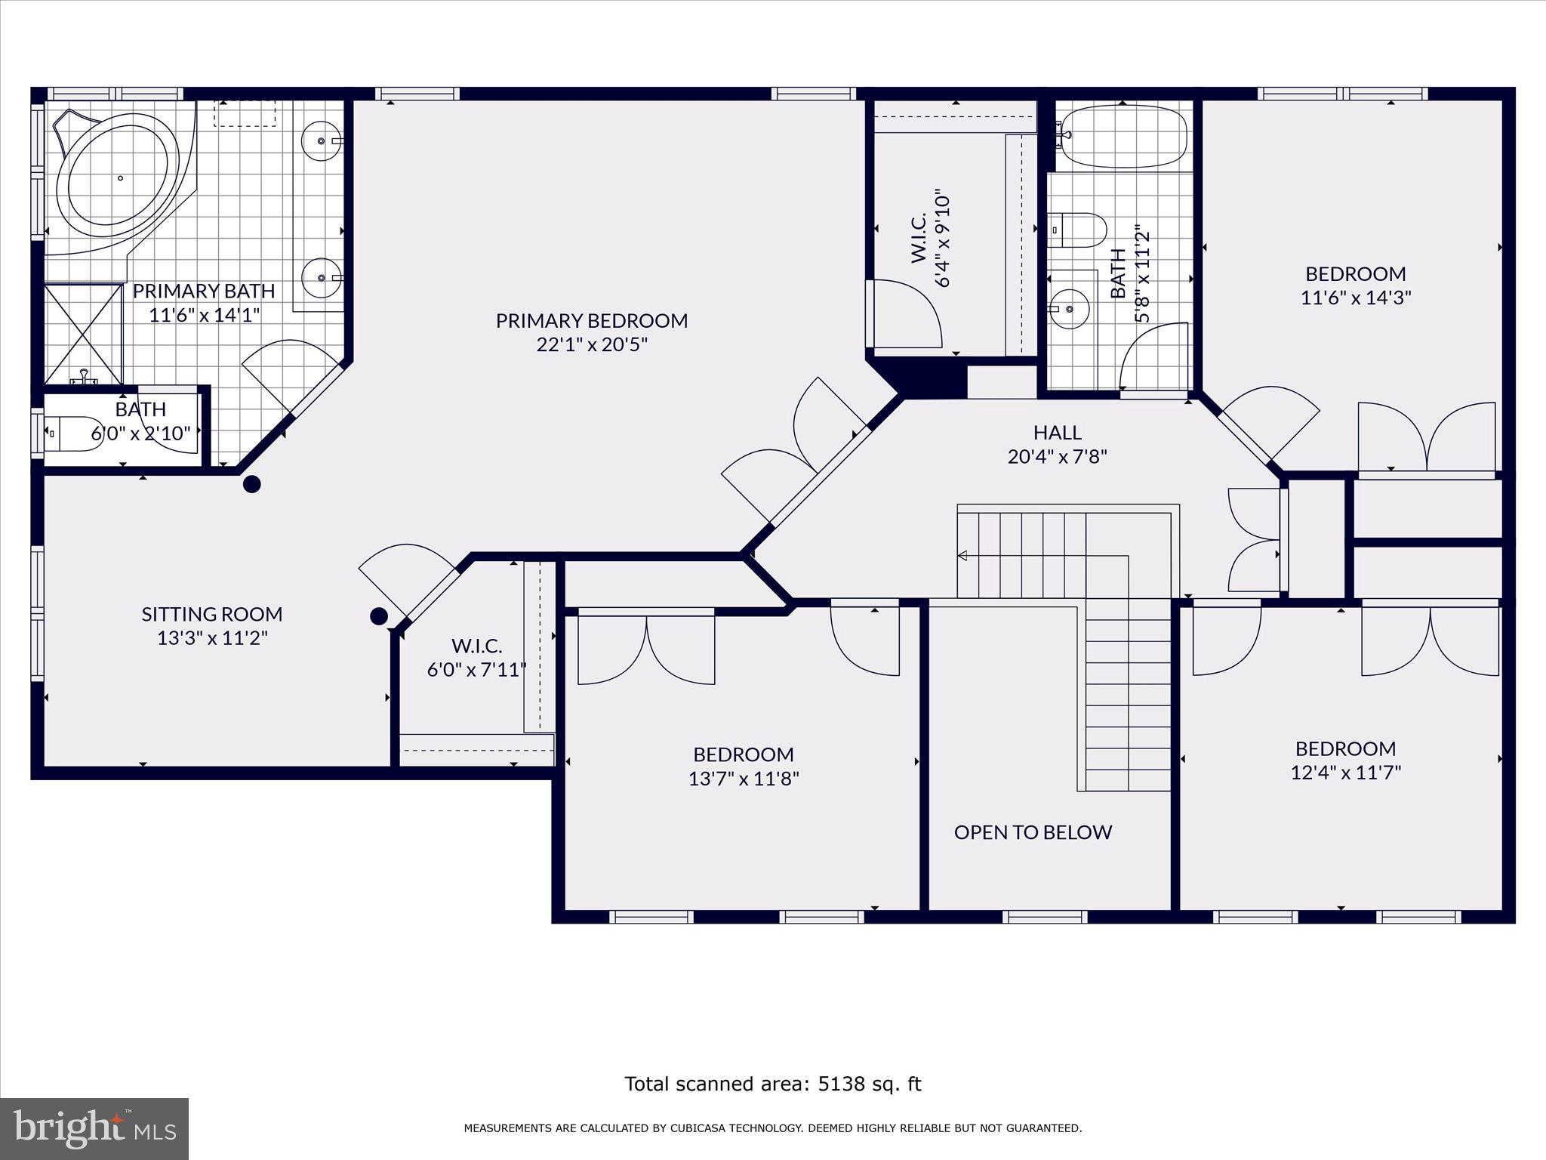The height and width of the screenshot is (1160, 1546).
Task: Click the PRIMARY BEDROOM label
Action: [x=592, y=320]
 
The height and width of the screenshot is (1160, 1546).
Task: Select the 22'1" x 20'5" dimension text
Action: [x=592, y=344]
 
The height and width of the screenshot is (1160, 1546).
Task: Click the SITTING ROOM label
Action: [x=212, y=614]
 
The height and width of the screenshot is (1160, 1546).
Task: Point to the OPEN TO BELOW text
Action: [x=1033, y=832]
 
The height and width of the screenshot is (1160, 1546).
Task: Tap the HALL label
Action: [x=1057, y=433]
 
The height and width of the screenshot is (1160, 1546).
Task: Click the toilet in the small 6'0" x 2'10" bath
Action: [x=74, y=433]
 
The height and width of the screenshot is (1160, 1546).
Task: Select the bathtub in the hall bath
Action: [x=1123, y=137]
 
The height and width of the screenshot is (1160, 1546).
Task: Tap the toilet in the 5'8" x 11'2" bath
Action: [x=1077, y=230]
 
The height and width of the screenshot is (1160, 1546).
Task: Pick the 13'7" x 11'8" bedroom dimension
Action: [x=744, y=779]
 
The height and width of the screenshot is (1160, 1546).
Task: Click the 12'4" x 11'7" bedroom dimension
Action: [x=1346, y=773]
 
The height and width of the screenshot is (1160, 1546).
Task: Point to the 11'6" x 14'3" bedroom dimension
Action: [x=1356, y=298]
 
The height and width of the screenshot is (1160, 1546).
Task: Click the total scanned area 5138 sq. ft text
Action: [x=773, y=1084]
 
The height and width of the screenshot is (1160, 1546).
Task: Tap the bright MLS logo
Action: [x=94, y=1128]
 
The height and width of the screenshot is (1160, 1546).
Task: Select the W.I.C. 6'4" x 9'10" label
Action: [x=931, y=238]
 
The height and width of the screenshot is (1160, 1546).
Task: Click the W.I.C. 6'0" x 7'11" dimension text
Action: [x=476, y=670]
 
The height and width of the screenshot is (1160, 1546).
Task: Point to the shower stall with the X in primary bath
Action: [x=83, y=335]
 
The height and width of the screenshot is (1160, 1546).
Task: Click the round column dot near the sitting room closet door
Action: [x=379, y=616]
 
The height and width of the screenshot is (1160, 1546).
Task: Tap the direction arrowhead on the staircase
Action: [x=962, y=556]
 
